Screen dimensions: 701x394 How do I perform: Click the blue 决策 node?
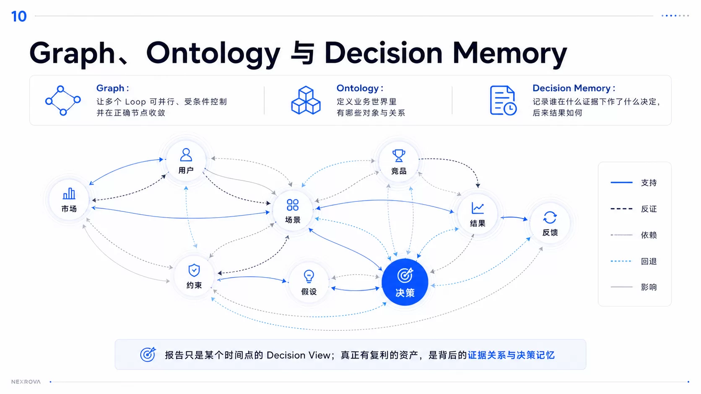405,282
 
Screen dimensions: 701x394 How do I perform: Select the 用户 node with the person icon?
186,161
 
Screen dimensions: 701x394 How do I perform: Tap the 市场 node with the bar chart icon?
69,200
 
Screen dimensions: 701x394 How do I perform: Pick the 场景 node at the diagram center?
293,211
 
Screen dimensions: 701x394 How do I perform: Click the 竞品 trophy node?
399,162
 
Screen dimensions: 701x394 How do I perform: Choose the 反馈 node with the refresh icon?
550,223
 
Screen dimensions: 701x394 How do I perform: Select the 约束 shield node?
194,276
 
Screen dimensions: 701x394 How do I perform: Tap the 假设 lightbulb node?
309,283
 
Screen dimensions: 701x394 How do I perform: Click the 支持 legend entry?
634,183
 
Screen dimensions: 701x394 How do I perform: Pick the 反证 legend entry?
634,209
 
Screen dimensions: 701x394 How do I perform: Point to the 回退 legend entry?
634,261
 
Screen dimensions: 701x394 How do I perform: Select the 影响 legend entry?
634,287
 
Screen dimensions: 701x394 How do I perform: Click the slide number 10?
19,16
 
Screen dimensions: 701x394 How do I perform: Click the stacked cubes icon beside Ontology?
306,100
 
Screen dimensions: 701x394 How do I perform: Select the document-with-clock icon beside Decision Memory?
503,100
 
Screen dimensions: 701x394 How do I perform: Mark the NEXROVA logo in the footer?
26,381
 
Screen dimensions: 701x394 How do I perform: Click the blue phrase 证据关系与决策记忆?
511,355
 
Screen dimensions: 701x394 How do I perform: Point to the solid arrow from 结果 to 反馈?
514,217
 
